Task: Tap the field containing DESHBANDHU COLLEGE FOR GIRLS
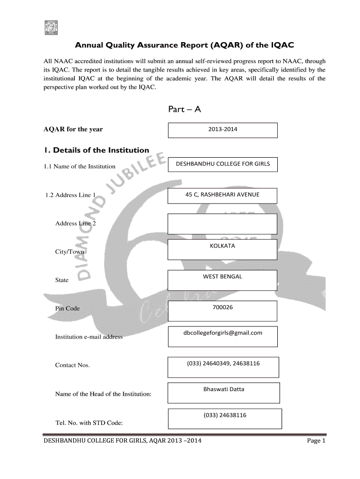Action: (x=223, y=164)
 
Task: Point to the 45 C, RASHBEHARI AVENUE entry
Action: (x=222, y=194)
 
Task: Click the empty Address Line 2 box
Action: (x=222, y=224)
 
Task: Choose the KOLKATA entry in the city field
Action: (x=223, y=246)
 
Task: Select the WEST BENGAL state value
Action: (x=223, y=276)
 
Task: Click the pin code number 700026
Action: (x=223, y=307)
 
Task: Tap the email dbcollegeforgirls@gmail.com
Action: (x=223, y=333)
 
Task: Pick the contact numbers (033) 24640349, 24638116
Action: (x=223, y=363)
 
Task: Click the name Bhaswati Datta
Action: (x=223, y=389)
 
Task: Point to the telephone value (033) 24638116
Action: (x=224, y=415)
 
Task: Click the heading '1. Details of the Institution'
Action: (x=96, y=150)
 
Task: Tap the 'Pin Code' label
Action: (x=67, y=308)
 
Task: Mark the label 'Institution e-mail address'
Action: (x=89, y=337)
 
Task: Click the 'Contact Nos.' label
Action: (x=72, y=365)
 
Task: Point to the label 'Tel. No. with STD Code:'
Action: (x=89, y=423)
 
